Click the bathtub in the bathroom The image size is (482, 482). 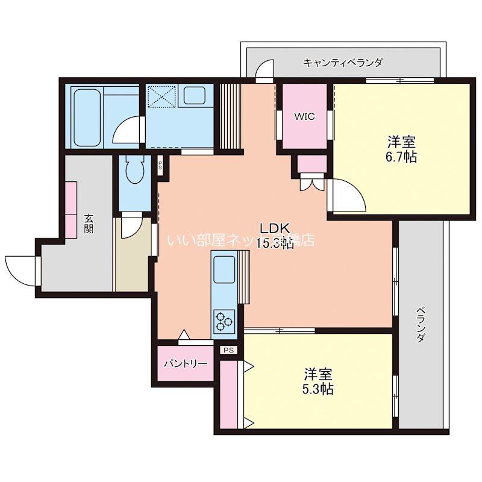point(87,117)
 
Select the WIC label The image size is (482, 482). point(304,117)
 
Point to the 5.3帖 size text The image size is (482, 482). point(318,388)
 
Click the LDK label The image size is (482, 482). point(275,228)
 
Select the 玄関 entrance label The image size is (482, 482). point(89,224)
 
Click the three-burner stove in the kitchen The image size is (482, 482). point(225,321)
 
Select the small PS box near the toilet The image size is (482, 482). point(160,165)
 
